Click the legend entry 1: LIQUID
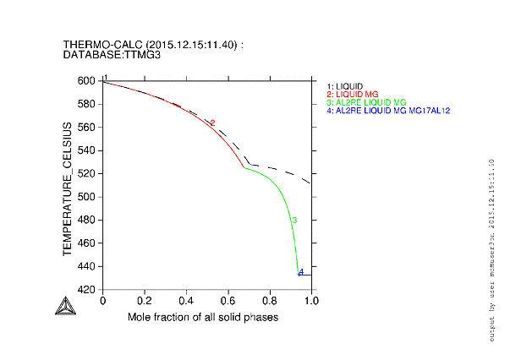(x=345, y=86)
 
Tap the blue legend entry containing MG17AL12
(x=388, y=111)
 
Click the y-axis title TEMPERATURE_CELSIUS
(x=67, y=188)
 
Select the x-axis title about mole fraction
(x=203, y=317)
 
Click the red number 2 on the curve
(x=212, y=123)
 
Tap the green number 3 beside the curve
(x=293, y=221)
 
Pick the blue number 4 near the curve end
(x=300, y=271)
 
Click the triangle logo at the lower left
(x=63, y=308)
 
